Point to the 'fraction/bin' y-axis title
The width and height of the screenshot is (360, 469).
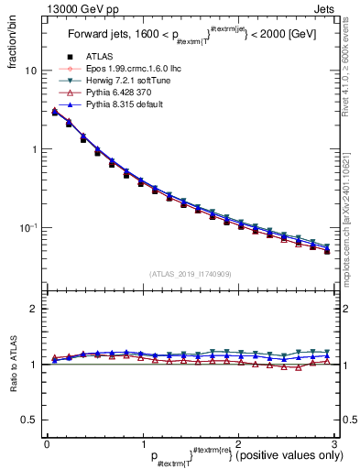[12, 38]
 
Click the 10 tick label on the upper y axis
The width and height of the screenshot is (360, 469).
[31, 71]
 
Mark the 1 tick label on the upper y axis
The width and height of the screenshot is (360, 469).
[34, 149]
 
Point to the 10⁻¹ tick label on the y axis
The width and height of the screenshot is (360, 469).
[29, 227]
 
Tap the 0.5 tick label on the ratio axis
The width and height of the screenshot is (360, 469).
[29, 420]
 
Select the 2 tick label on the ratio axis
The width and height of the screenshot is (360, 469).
[34, 309]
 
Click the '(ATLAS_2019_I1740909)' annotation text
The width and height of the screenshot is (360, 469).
[190, 274]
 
